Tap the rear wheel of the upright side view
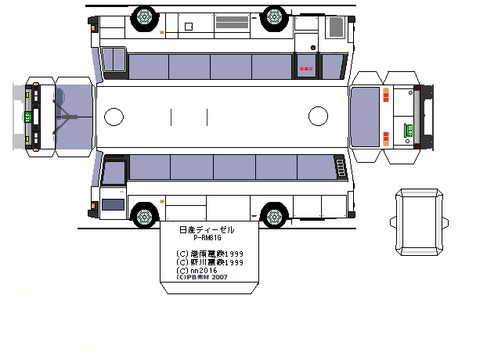click(273, 214)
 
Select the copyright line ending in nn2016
click(197, 270)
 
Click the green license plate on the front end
click(27, 117)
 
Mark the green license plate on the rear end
click(407, 130)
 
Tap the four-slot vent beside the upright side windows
click(341, 167)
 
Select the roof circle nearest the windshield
click(114, 117)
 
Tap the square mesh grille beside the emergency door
click(336, 30)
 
